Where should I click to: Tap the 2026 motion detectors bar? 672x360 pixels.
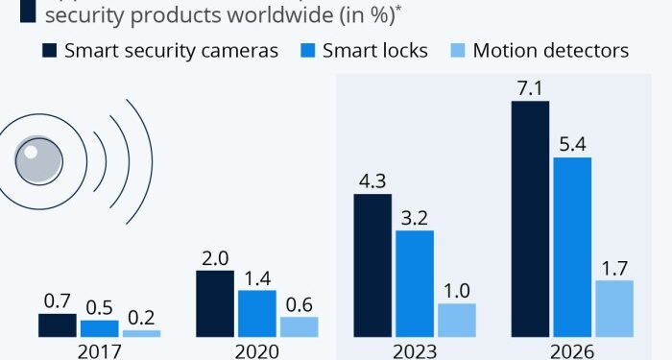click(614, 308)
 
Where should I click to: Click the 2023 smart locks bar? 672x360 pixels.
click(415, 283)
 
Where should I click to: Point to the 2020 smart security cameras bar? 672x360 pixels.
click(214, 303)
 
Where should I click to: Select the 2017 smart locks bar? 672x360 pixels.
click(99, 328)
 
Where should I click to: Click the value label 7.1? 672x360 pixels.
click(529, 87)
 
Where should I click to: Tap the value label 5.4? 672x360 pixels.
click(572, 144)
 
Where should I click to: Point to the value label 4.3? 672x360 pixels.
click(372, 180)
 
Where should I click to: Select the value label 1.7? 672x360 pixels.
click(614, 267)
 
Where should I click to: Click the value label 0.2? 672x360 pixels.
click(141, 317)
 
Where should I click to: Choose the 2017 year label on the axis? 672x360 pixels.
click(99, 350)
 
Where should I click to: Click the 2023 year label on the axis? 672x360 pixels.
click(415, 350)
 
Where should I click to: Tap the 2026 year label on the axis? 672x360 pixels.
click(572, 350)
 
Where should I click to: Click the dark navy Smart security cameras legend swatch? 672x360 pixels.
click(48, 51)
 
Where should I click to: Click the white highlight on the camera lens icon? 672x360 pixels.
click(32, 152)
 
